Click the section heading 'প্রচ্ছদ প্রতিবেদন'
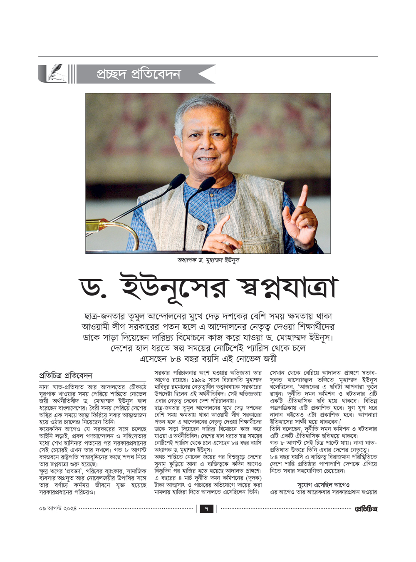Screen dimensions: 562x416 click(x=139, y=74)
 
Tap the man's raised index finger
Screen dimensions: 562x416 click(x=304, y=196)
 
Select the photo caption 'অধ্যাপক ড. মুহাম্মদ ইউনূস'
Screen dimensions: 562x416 click(x=208, y=260)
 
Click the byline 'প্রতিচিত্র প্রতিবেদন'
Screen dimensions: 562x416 click(x=65, y=375)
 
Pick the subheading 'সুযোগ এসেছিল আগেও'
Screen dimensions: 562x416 click(x=323, y=485)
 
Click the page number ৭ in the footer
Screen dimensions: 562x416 click(x=206, y=509)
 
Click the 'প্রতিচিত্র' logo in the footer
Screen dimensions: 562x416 click(x=366, y=509)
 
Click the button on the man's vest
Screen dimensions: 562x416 click(x=201, y=228)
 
